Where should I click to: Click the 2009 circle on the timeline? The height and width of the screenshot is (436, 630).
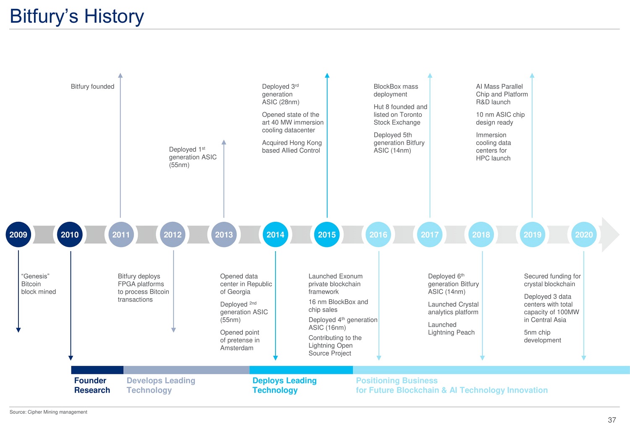coord(18,234)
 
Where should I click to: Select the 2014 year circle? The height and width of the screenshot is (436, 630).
coord(276,234)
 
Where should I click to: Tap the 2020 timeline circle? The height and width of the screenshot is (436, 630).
coord(584,234)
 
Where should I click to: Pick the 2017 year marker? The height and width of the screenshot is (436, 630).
coord(430,234)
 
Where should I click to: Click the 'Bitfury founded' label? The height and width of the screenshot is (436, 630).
coord(92,87)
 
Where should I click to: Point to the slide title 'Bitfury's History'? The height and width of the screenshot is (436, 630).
coord(77,16)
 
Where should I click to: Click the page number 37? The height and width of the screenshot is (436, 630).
coord(612,420)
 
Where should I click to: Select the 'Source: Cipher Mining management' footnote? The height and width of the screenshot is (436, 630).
coord(48,412)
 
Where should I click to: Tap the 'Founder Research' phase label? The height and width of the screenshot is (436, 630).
coord(92,385)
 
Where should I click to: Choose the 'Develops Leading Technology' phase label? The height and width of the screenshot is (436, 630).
coord(161,385)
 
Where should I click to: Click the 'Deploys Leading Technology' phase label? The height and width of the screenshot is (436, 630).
coord(284,385)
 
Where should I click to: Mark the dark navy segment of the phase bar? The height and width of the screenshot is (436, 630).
coord(97,370)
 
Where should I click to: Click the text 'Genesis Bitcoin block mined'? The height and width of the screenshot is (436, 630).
coord(39,284)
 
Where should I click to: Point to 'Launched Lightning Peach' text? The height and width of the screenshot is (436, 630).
coord(451,328)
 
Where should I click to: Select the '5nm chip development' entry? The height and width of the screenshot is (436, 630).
coord(542,336)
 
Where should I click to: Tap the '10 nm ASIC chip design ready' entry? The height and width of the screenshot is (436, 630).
coord(500,118)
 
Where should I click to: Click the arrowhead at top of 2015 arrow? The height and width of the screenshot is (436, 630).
coord(327,75)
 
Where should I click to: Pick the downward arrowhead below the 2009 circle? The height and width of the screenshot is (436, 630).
coord(18,330)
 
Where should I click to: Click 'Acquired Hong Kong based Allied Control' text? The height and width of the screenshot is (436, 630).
coord(291,147)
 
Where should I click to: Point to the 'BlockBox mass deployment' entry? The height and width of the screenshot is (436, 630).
coord(396,90)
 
